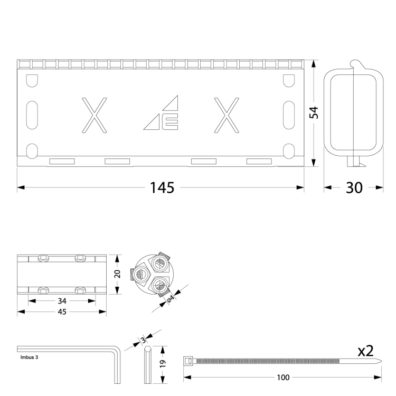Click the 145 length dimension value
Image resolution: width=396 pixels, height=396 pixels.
(x=162, y=187)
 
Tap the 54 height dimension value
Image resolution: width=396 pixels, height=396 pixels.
(x=314, y=112)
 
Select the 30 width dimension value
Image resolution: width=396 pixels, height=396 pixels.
(x=354, y=187)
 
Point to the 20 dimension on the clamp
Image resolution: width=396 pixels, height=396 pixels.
(x=117, y=274)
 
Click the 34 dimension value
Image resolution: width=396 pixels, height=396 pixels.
(x=62, y=301)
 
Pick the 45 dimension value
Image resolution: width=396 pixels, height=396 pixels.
(x=62, y=312)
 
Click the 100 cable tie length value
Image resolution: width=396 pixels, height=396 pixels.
(x=283, y=378)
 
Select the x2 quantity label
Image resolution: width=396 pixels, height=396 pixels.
(x=365, y=351)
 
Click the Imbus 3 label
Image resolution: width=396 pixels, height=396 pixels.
(x=29, y=357)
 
